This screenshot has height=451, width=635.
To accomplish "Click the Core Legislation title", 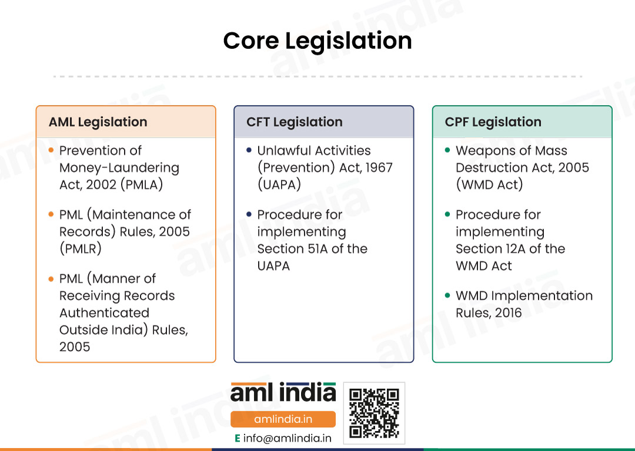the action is tap(317, 41).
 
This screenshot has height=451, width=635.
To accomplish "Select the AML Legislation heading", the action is tap(98, 122).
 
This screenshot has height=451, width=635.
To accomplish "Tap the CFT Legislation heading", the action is tap(295, 122).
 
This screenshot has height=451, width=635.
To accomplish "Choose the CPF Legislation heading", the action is tap(493, 122).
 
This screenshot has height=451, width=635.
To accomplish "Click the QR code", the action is tap(374, 413).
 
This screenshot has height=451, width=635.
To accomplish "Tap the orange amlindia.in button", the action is tap(283, 419).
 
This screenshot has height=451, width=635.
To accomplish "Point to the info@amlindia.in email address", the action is tap(287, 438).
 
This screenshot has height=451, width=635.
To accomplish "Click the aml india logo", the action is tap(283, 392).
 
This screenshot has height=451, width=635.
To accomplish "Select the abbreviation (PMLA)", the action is tap(142, 184).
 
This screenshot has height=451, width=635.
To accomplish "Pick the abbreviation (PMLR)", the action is tap(80, 248).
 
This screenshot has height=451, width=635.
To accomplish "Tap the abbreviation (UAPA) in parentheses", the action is tap(279, 184).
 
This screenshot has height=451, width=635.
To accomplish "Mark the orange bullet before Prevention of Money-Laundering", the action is tap(51, 150).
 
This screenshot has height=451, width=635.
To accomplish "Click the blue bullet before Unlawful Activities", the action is tap(249, 150).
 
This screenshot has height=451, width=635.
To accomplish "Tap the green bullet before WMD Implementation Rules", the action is tap(447, 295).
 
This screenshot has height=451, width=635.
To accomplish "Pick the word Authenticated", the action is tap(105, 312).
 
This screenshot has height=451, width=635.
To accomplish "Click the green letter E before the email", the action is tap(238, 439).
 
